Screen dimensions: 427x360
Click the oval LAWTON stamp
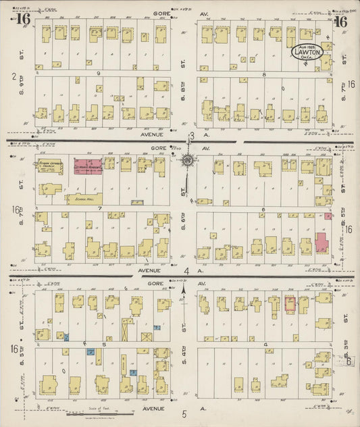(x=311, y=51)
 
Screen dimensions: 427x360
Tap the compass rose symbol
(x=188, y=161)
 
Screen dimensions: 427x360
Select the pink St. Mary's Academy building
(x=88, y=165)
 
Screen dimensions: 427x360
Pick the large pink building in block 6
(x=321, y=243)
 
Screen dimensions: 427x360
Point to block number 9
(x=98, y=73)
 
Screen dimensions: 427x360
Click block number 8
(x=264, y=73)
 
